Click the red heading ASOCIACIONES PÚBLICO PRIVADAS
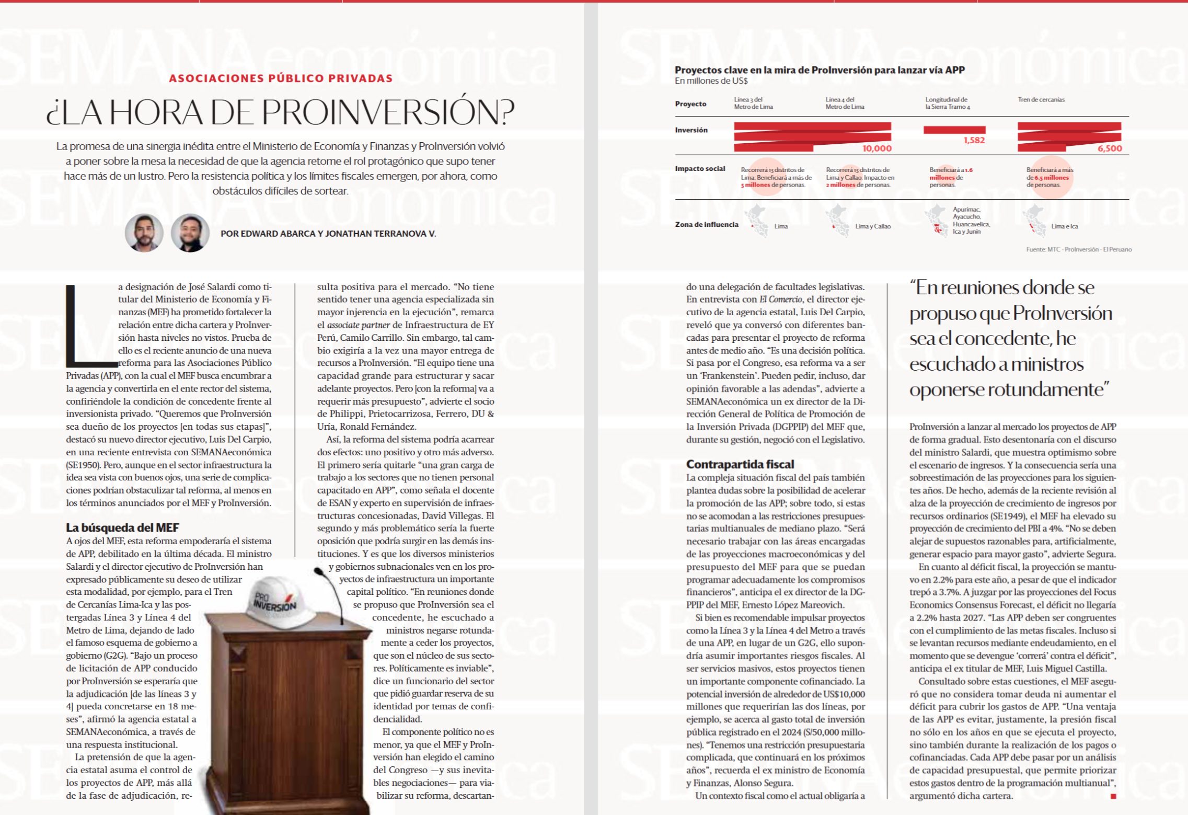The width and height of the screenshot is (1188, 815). [281, 78]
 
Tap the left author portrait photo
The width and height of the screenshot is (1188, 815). [144, 233]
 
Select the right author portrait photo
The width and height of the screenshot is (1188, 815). [190, 233]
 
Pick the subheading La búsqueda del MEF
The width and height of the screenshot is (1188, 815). [122, 527]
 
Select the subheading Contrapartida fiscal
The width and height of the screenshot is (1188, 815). [740, 464]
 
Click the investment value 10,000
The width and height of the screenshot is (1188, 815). [876, 148]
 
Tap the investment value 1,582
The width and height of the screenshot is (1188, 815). [974, 140]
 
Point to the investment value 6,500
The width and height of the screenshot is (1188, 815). [1109, 148]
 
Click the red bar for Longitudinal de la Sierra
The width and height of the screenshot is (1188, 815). [954, 130]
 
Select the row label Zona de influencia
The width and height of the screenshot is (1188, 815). [706, 225]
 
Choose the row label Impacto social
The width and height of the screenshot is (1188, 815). [700, 168]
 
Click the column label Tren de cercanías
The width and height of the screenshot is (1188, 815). [1041, 99]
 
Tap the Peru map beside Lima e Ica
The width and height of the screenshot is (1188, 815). [1033, 221]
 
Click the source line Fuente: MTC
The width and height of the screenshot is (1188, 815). [1078, 249]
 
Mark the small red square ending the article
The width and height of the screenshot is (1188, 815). [1113, 796]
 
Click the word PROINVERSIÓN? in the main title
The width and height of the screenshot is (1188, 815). [387, 112]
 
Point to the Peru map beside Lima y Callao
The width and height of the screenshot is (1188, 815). [838, 221]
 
